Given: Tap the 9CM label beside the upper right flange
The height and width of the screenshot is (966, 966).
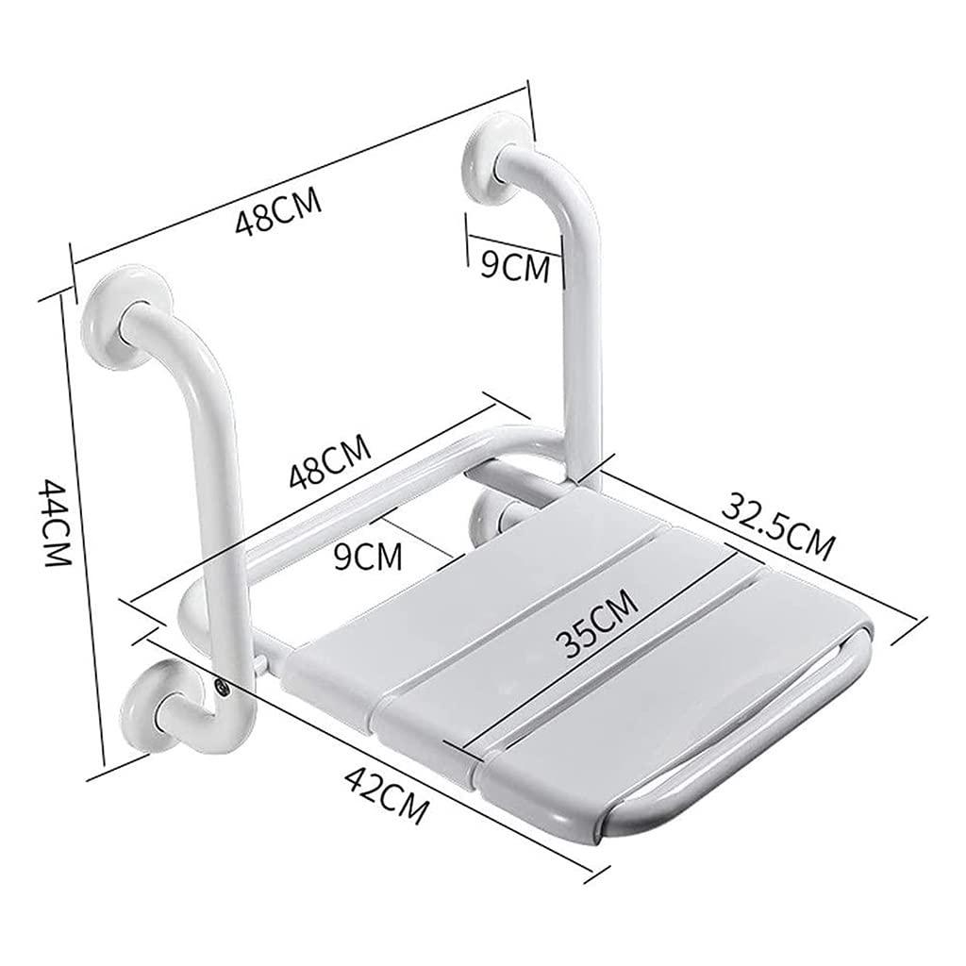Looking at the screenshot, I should (x=514, y=265).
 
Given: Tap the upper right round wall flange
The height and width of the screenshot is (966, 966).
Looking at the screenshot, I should (x=490, y=167).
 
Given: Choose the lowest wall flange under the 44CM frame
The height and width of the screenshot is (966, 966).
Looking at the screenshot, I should (x=156, y=706).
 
